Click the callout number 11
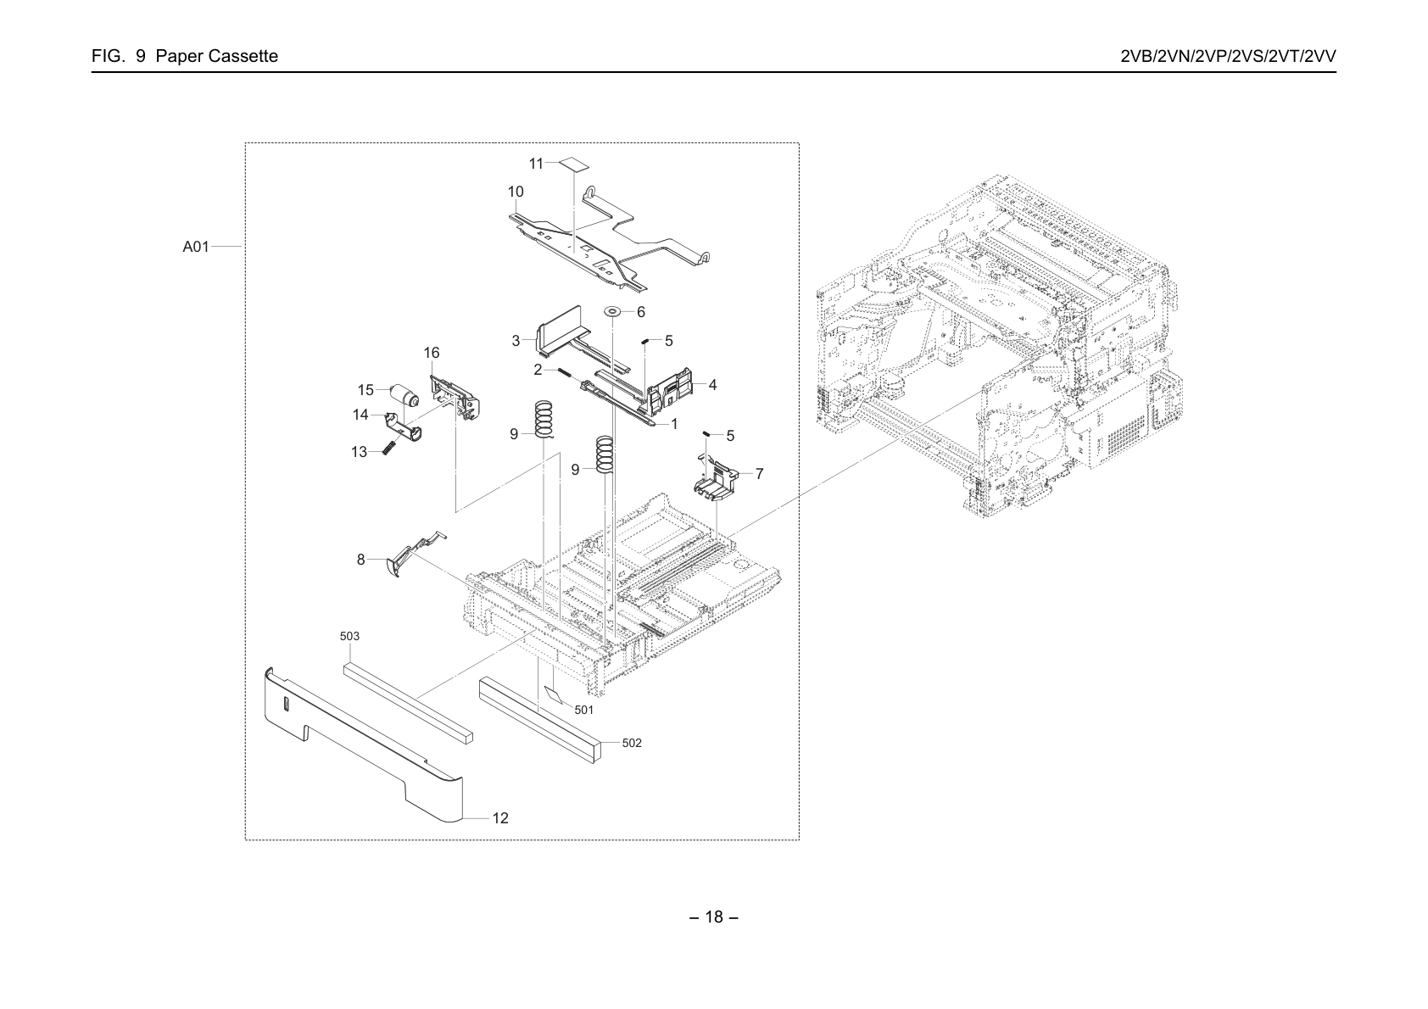point(536,164)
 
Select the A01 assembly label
point(196,247)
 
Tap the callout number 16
point(432,353)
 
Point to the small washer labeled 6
point(612,312)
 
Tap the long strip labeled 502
point(539,719)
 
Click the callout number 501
point(584,710)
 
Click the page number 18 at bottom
point(714,917)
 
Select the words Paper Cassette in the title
point(217,56)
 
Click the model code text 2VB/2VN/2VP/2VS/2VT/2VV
point(1229,56)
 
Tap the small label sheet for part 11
point(574,164)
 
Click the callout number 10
point(516,192)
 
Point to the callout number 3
point(516,341)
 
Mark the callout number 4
point(712,385)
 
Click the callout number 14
point(361,415)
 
